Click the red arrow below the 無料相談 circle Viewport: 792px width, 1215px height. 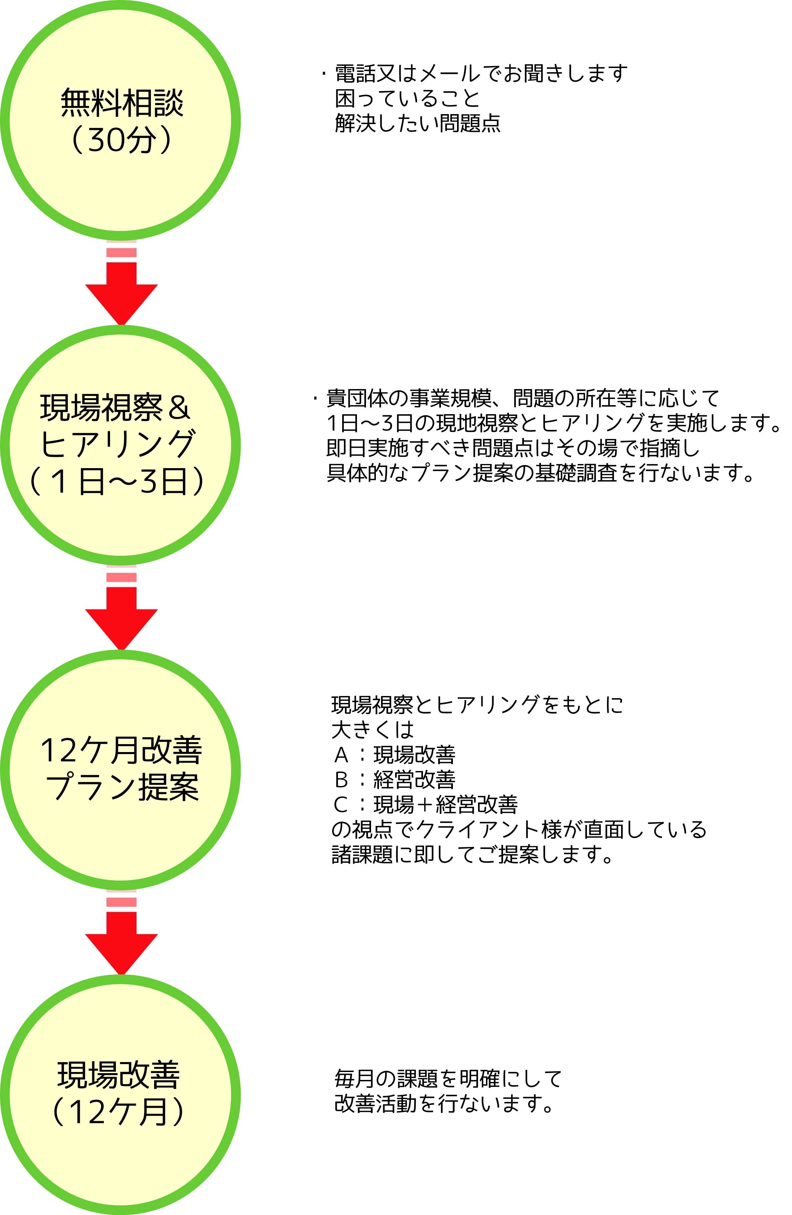click(121, 294)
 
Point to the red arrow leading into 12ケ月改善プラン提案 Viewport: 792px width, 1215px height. click(121, 618)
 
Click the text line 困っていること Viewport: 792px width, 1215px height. click(408, 99)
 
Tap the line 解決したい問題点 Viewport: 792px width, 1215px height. click(418, 123)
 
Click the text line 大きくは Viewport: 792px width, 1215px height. click(373, 730)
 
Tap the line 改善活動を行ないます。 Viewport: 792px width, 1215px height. click(444, 1104)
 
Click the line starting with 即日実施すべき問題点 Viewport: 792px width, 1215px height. click(513, 448)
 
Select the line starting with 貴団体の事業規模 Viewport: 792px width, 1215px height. click(522, 398)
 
